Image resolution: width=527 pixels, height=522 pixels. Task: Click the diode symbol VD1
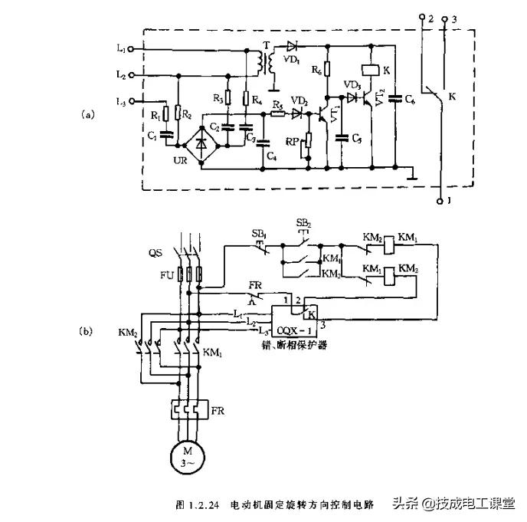(x=290, y=46)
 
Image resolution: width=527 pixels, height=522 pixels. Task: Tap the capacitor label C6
(x=411, y=100)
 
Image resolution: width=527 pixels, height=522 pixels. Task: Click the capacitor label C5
(x=357, y=138)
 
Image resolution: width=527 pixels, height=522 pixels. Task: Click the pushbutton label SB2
(x=303, y=223)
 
